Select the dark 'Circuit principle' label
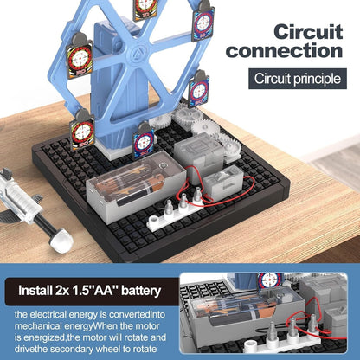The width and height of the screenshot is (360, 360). [x=295, y=80]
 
